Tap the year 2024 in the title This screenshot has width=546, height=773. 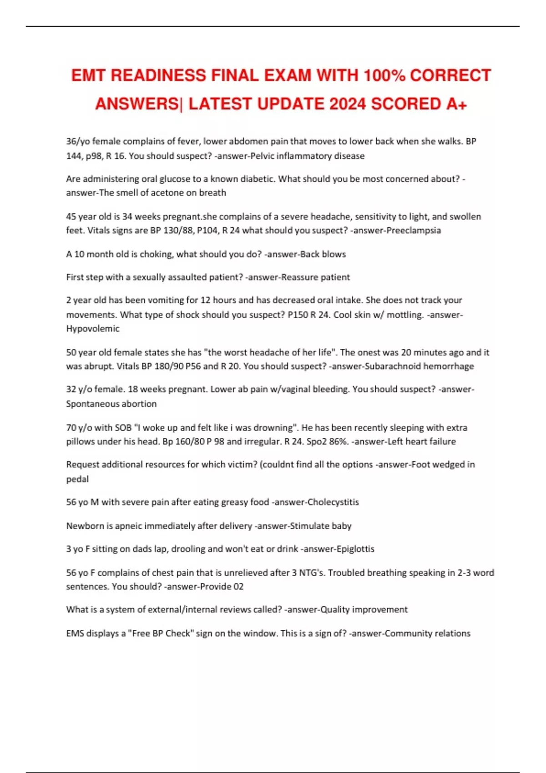[347, 104]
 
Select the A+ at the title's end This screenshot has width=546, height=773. [456, 104]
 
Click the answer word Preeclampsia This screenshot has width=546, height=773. [413, 231]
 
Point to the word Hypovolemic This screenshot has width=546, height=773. [93, 329]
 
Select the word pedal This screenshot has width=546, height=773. [77, 479]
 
